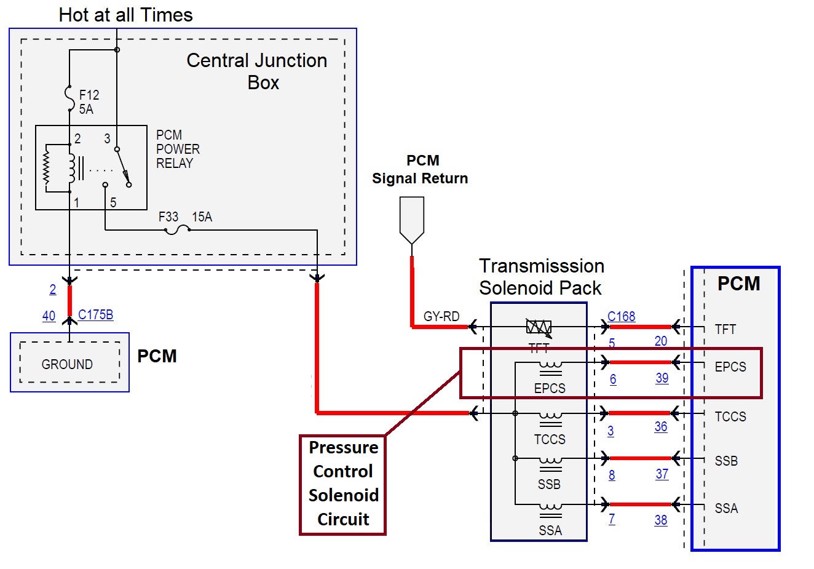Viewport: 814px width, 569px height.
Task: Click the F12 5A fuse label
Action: point(89,102)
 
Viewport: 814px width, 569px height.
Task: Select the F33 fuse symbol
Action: point(177,229)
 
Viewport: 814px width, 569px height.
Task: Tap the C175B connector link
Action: point(95,315)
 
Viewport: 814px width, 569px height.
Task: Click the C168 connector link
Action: point(621,316)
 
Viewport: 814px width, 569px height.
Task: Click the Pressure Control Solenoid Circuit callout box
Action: point(342,484)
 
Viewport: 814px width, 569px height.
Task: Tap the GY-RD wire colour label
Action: point(441,317)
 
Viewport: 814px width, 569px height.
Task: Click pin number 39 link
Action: point(662,378)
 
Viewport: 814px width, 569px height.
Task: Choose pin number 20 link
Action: point(660,341)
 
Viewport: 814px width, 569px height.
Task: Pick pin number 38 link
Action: point(660,520)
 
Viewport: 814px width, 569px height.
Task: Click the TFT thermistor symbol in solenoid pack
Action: point(539,327)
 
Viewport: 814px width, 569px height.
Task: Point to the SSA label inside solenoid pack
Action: point(550,530)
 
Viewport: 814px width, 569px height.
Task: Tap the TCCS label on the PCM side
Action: point(730,416)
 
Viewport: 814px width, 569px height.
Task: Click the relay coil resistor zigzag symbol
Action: point(46,167)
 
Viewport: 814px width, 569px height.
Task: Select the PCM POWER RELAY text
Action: point(177,149)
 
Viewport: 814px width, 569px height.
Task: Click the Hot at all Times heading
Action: point(125,15)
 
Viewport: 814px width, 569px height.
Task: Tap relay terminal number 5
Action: point(113,202)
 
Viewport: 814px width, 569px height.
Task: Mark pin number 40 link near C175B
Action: point(49,316)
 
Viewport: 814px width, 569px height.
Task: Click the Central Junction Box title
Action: point(257,71)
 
